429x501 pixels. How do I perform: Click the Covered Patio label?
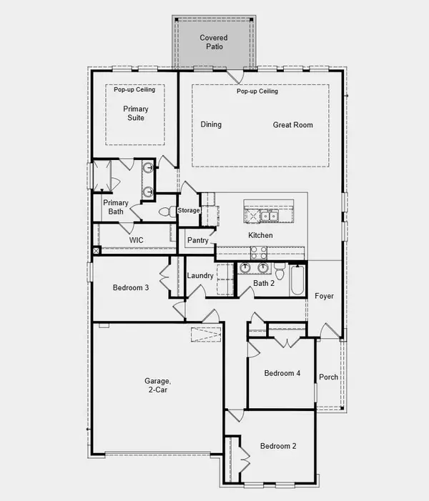(214, 42)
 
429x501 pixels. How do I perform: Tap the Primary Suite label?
(136, 113)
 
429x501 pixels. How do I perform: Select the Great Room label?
(293, 125)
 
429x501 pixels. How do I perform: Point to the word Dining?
(211, 124)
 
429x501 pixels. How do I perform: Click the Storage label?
(189, 210)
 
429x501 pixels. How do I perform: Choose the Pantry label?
(198, 240)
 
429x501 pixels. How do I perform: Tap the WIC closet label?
(136, 240)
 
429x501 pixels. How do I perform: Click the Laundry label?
(200, 275)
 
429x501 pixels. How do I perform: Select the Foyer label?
(324, 296)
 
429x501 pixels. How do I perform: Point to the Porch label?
(329, 377)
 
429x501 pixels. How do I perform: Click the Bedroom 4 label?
(282, 373)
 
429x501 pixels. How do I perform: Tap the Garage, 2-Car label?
(157, 385)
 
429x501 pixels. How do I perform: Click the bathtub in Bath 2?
(297, 280)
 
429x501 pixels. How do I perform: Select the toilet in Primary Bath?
(167, 212)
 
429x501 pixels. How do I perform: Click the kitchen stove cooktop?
(259, 253)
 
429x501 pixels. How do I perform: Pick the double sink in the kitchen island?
(269, 216)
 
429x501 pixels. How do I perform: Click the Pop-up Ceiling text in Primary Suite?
(134, 89)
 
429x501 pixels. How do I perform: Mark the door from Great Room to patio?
(235, 76)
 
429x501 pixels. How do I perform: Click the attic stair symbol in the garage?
(206, 334)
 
